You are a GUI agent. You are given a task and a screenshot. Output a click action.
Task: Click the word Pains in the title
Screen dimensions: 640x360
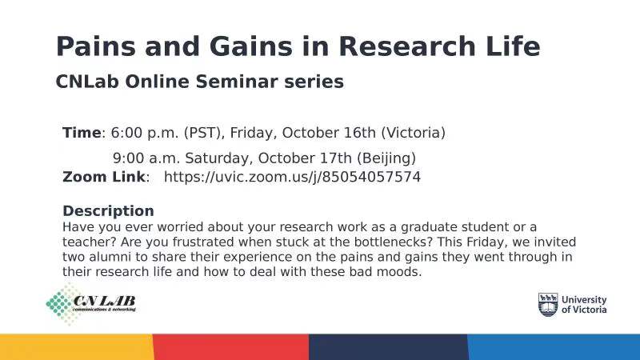pos(95,46)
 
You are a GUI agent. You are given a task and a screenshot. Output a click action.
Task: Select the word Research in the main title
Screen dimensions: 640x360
pos(407,46)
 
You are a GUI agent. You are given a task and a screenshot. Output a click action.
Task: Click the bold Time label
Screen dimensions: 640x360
pos(82,133)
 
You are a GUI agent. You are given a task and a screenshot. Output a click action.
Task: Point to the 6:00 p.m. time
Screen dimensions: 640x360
pos(145,133)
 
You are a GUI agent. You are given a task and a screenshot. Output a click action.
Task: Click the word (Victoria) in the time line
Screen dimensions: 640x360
pos(413,133)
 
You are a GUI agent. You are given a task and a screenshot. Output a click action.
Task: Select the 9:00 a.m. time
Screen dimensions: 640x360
pos(147,158)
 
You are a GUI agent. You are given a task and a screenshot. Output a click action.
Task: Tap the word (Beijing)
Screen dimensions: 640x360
pos(386,158)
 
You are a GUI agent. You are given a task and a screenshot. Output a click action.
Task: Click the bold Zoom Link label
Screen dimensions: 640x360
pos(104,177)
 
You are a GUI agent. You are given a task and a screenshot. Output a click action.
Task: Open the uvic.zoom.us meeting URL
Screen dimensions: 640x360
pos(292,177)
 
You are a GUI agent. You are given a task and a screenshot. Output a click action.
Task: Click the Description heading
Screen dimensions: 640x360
pos(108,211)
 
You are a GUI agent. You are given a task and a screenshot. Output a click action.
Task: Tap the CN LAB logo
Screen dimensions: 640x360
pos(91,304)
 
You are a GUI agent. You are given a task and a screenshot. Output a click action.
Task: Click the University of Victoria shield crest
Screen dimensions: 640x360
pos(548,305)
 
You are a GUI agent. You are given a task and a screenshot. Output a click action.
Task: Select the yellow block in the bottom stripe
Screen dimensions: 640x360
pos(77,347)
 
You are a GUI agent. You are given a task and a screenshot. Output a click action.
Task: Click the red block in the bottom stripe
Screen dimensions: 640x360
pos(231,347)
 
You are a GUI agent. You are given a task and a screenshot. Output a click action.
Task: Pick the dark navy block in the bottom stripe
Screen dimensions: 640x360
pos(389,347)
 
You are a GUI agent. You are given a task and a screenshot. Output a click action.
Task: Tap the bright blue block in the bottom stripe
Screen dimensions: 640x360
pos(554,347)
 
